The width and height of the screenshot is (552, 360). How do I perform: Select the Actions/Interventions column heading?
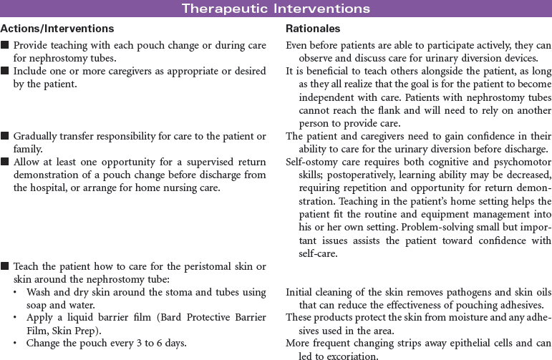pos(57,29)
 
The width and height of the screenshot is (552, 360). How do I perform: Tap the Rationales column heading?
pos(313,29)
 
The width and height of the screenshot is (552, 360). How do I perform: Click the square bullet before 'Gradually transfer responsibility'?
pos(5,136)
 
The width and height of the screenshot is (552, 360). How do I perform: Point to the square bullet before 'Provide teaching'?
pos(5,45)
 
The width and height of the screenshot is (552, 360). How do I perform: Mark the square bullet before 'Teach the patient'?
pos(5,266)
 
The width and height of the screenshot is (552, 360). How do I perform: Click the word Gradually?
pos(38,136)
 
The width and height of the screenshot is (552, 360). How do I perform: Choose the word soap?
pos(38,304)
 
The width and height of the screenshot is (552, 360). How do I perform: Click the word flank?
pos(394,110)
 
